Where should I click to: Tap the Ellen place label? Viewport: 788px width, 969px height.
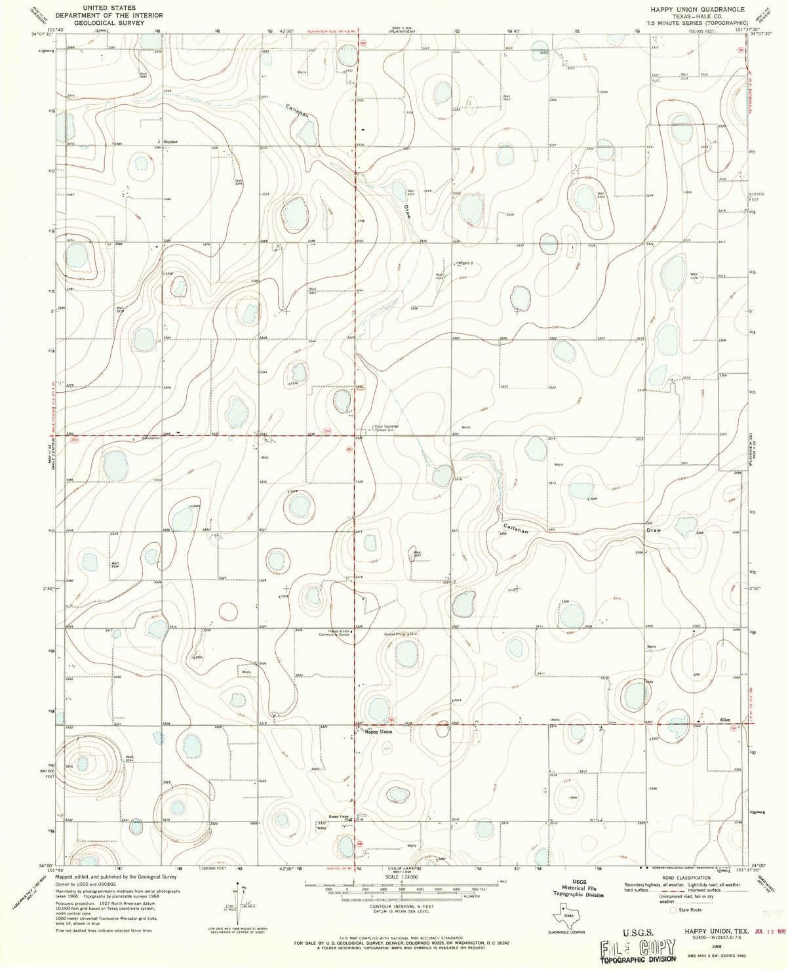726,719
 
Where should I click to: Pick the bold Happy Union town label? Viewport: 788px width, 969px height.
378,732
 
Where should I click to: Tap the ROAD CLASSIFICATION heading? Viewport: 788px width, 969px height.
686,877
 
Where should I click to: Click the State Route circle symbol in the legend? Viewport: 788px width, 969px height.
671,910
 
